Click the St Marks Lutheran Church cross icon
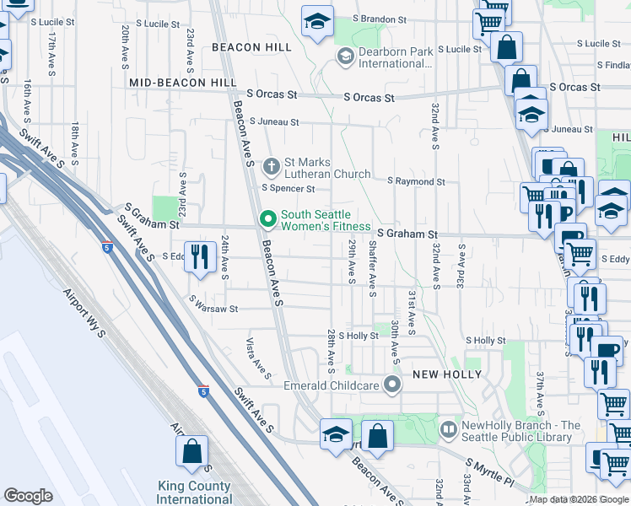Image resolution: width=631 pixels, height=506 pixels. pos(272,164)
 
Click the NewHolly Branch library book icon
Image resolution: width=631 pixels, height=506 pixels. pos(449,430)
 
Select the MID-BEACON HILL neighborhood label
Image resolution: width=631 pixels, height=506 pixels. pos(183,83)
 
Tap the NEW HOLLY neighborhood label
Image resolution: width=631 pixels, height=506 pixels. pos(446,374)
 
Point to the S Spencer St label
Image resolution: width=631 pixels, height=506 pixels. pos(288,189)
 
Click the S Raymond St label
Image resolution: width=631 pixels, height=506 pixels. pos(416,181)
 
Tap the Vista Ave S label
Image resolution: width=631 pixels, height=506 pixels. pos(257,358)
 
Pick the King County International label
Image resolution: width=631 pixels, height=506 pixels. pos(195,493)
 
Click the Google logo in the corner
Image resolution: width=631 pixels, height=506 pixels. pos(28,496)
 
